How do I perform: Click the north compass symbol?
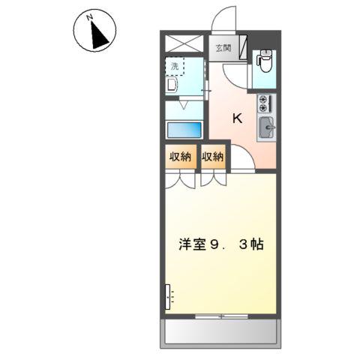coord(93,33)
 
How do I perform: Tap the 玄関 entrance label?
coord(223,49)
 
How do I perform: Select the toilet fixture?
coord(264,60)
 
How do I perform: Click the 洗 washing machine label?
coord(175,66)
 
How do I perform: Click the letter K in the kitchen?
coord(237,118)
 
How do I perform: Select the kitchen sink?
coord(266,128)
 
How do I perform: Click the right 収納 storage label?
coord(213,157)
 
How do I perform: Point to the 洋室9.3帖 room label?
coord(220,244)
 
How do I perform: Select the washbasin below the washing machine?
coord(170,85)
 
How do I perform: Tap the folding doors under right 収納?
coord(212,180)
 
